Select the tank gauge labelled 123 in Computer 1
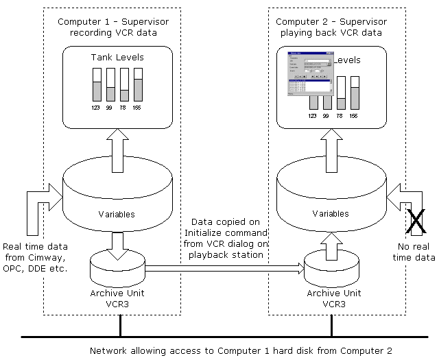pyautogui.click(x=97, y=86)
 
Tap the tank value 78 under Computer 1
pyautogui.click(x=124, y=108)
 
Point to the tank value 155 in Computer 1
pyautogui.click(x=138, y=108)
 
